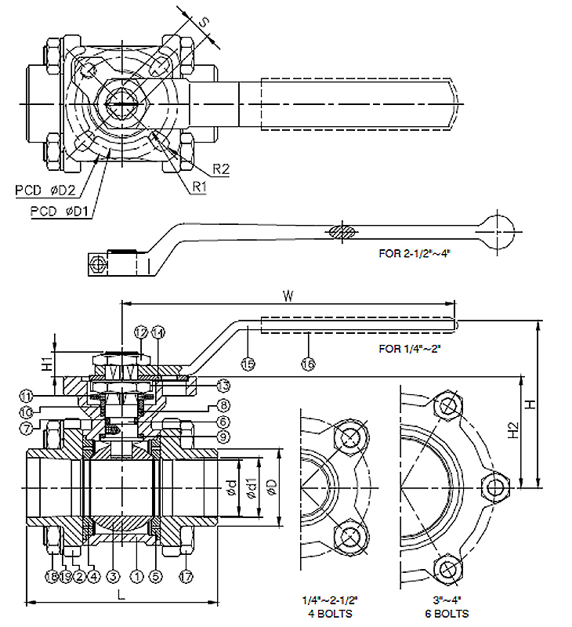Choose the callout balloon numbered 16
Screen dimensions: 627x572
[x=308, y=364]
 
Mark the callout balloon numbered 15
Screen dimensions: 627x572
[x=248, y=364]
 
